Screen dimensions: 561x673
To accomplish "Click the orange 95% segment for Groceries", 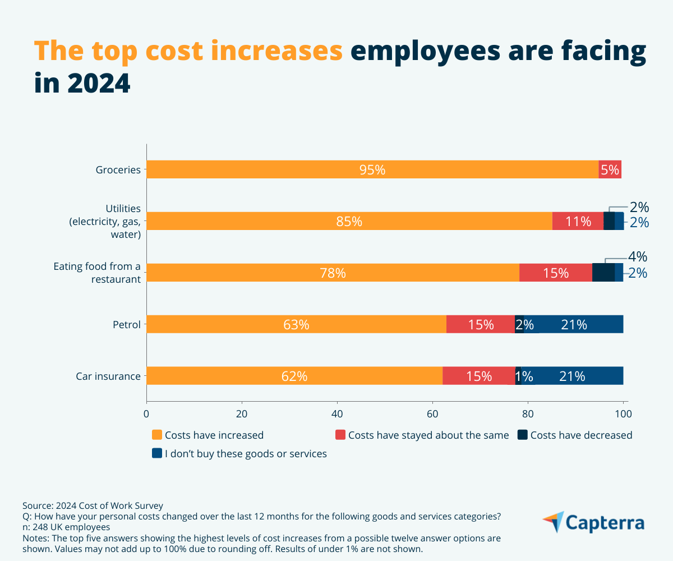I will tap(372, 169).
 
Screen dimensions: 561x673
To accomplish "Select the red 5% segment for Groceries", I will tap(610, 169).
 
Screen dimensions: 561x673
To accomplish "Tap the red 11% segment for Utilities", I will tap(578, 221).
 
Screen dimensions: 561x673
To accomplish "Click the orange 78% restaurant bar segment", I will tap(333, 273).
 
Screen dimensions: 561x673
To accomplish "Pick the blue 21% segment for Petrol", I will tap(573, 324).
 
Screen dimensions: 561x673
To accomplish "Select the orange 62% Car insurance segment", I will tap(294, 376).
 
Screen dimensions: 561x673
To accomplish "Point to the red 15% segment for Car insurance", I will tap(478, 376).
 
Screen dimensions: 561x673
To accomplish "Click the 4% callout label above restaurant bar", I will tap(637, 257).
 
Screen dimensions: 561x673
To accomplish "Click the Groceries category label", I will tap(118, 169).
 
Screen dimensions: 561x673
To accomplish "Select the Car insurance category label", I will tap(108, 376).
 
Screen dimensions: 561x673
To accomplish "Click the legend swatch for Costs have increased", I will tap(157, 435).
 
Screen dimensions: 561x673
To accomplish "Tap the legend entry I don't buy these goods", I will tap(245, 453).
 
